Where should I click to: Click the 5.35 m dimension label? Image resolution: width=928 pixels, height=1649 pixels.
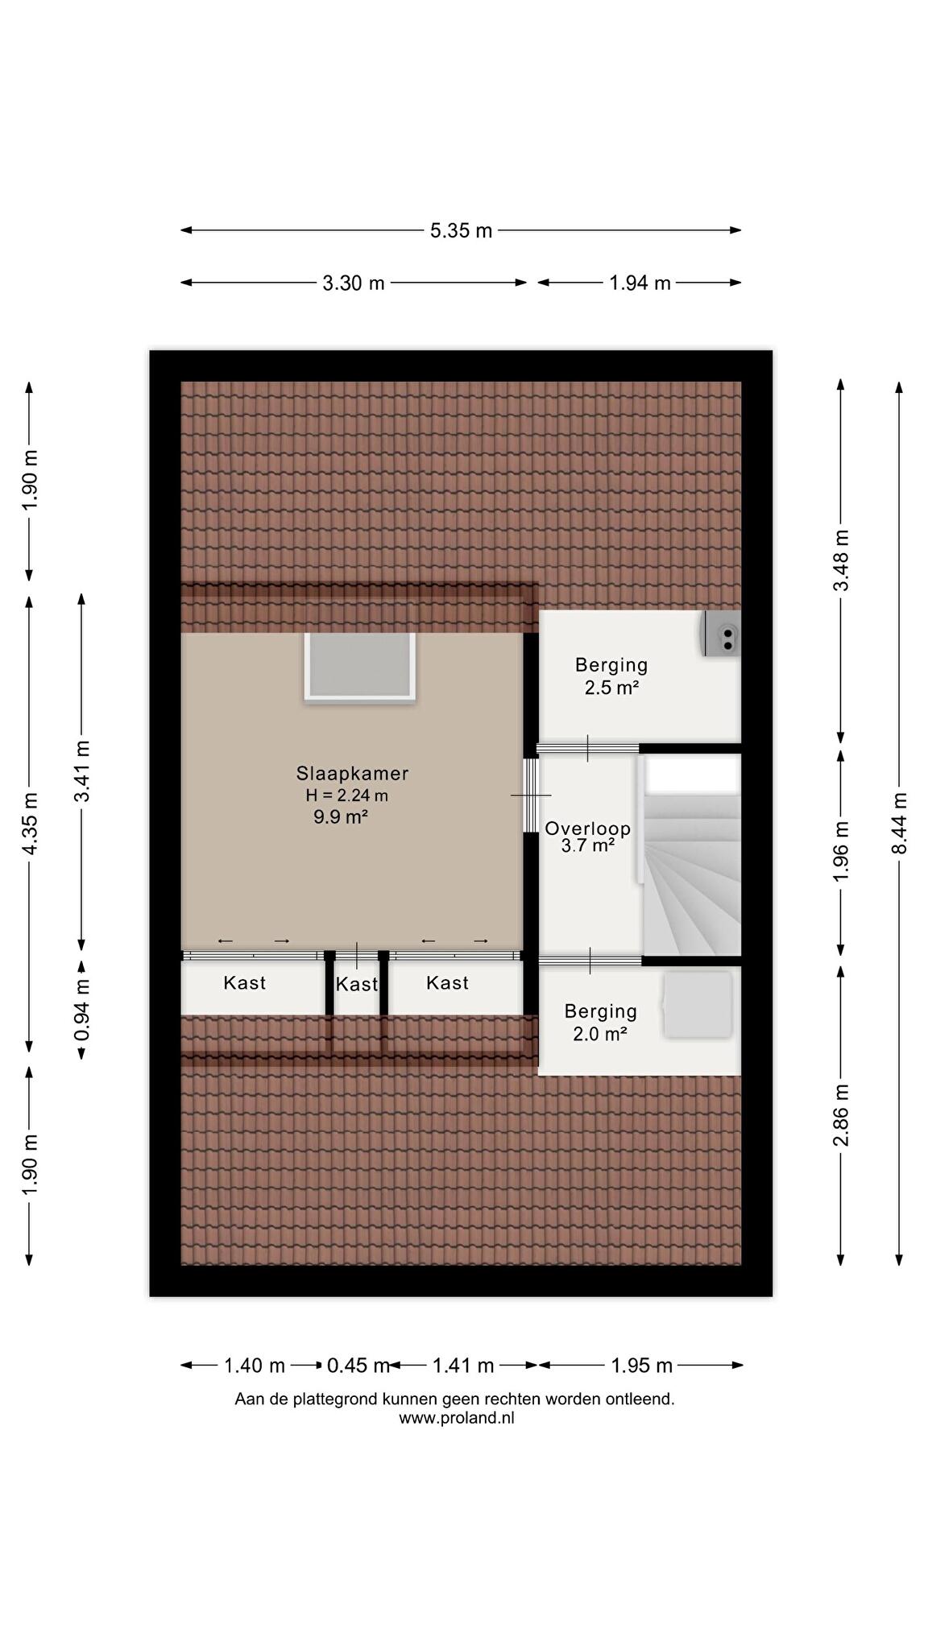461,231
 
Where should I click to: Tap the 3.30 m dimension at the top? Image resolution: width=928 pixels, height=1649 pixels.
354,283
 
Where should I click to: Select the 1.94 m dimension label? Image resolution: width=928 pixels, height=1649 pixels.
640,283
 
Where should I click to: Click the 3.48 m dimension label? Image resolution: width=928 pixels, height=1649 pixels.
841,560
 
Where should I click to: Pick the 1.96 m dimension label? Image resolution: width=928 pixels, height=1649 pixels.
841,851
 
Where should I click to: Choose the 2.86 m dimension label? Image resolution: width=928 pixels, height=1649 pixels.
841,1115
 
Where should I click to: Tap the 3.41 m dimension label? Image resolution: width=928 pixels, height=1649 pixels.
81,771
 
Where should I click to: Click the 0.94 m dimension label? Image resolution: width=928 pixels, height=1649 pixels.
81,1009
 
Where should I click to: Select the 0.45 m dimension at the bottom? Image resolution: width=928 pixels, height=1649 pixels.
358,1366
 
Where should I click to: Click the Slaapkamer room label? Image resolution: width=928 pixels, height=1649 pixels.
353,774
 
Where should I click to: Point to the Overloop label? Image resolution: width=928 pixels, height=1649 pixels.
588,829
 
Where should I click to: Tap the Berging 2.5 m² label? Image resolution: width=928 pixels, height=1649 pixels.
611,676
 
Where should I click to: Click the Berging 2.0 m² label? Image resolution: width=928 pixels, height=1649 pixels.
601,1023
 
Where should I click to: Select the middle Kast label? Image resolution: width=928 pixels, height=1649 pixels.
357,985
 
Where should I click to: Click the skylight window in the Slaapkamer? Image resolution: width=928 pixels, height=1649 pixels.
360,667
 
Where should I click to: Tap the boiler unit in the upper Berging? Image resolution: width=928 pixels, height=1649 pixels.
721,634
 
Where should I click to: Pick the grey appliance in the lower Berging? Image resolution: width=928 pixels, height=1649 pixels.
697,1005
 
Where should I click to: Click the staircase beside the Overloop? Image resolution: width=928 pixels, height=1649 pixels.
691,857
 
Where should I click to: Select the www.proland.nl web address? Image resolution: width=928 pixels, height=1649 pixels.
456,1419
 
